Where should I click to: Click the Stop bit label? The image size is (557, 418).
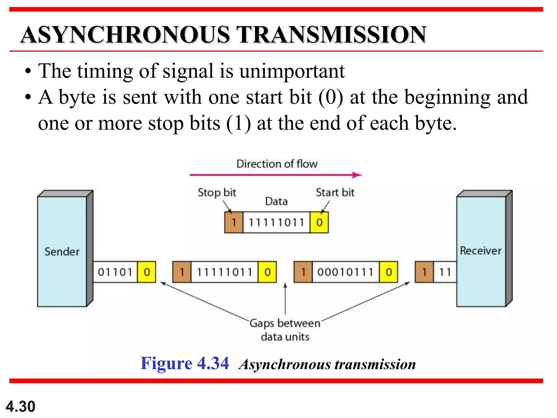tap(217, 193)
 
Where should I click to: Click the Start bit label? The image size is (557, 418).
tap(335, 193)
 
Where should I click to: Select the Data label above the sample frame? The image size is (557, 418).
tap(276, 202)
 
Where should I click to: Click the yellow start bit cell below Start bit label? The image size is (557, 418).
tap(319, 223)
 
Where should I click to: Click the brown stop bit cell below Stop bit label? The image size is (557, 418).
tap(234, 223)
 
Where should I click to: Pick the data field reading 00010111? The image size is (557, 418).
tap(345, 272)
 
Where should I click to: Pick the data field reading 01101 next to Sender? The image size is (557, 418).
tap(115, 272)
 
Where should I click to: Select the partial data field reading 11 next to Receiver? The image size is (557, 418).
tap(445, 272)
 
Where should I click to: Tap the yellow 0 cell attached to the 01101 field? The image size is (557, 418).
tap(147, 272)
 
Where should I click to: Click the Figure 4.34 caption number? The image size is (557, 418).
tap(185, 363)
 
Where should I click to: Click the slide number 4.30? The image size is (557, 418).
tap(20, 407)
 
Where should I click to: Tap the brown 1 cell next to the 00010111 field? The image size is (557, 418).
tap(303, 272)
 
